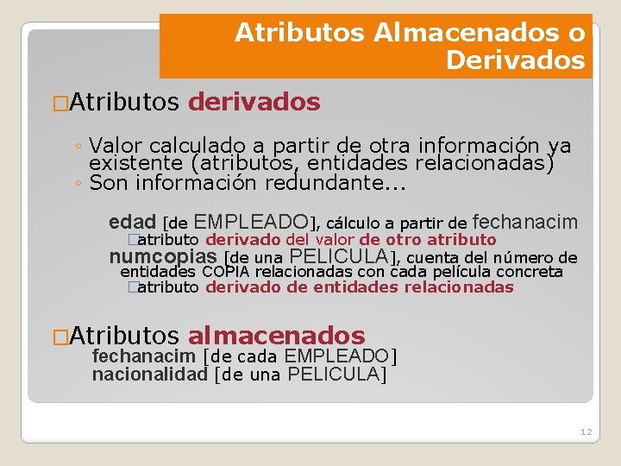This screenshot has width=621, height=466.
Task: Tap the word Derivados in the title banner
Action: click(516, 61)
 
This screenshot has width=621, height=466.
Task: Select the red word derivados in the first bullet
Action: click(254, 103)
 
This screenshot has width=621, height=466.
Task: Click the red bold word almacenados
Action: click(276, 336)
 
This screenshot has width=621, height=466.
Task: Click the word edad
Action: click(132, 222)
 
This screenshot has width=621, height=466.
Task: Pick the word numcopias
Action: click(163, 256)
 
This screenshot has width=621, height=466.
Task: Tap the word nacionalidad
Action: click(150, 374)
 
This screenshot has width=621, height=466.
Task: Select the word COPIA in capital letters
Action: click(225, 272)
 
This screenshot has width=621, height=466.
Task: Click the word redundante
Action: click(354, 182)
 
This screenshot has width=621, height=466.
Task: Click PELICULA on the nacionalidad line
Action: click(333, 374)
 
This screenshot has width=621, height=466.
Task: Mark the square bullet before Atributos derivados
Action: click(60, 104)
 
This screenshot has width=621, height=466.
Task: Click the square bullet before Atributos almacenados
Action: click(60, 337)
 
